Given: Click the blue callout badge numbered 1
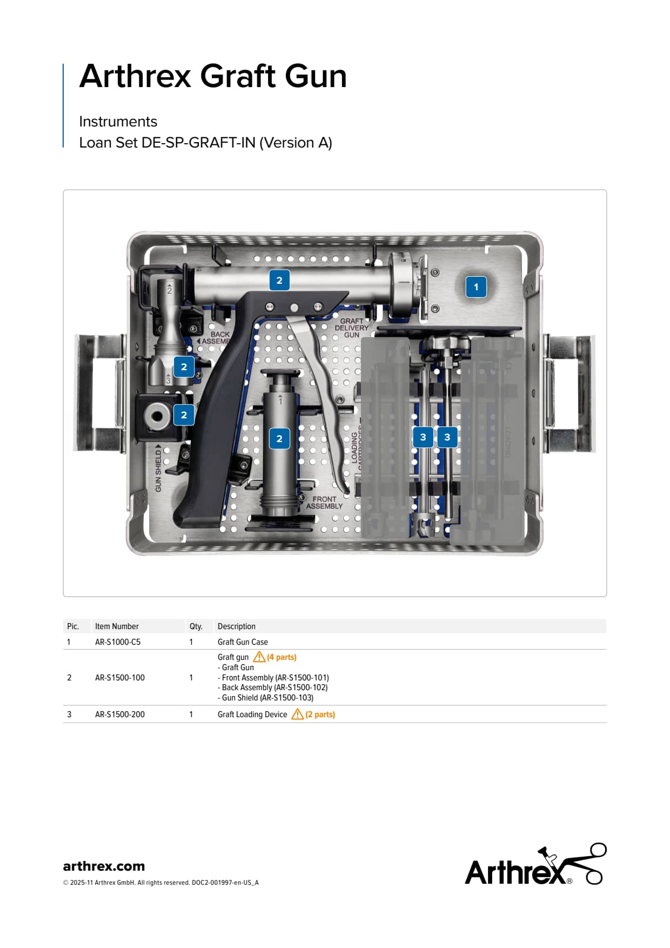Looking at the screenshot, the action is [x=476, y=287].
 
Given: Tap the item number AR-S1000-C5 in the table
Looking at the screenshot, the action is [x=118, y=642].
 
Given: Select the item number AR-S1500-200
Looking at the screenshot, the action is [x=120, y=715].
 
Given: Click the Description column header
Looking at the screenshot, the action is [x=237, y=626].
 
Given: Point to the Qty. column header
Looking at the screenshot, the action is [x=196, y=626].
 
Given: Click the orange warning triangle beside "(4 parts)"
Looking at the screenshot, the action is [x=259, y=657].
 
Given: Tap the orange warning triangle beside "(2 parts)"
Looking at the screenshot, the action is [x=297, y=714].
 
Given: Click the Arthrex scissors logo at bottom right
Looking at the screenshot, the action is [x=535, y=864].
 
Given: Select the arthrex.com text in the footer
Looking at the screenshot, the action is [x=104, y=866].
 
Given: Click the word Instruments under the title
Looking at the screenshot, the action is [x=118, y=122].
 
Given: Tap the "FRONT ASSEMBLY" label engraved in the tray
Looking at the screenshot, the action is [x=324, y=503].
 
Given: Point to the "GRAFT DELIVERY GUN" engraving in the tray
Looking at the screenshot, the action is [x=351, y=328].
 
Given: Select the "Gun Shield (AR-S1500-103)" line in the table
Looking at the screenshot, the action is [x=265, y=698].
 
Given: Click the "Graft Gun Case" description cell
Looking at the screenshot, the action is [x=243, y=642].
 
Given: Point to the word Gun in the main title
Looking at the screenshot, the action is [x=316, y=76].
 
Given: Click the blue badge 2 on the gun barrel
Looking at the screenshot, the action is [x=279, y=281].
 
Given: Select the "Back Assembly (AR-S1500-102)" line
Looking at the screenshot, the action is [x=273, y=687].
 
